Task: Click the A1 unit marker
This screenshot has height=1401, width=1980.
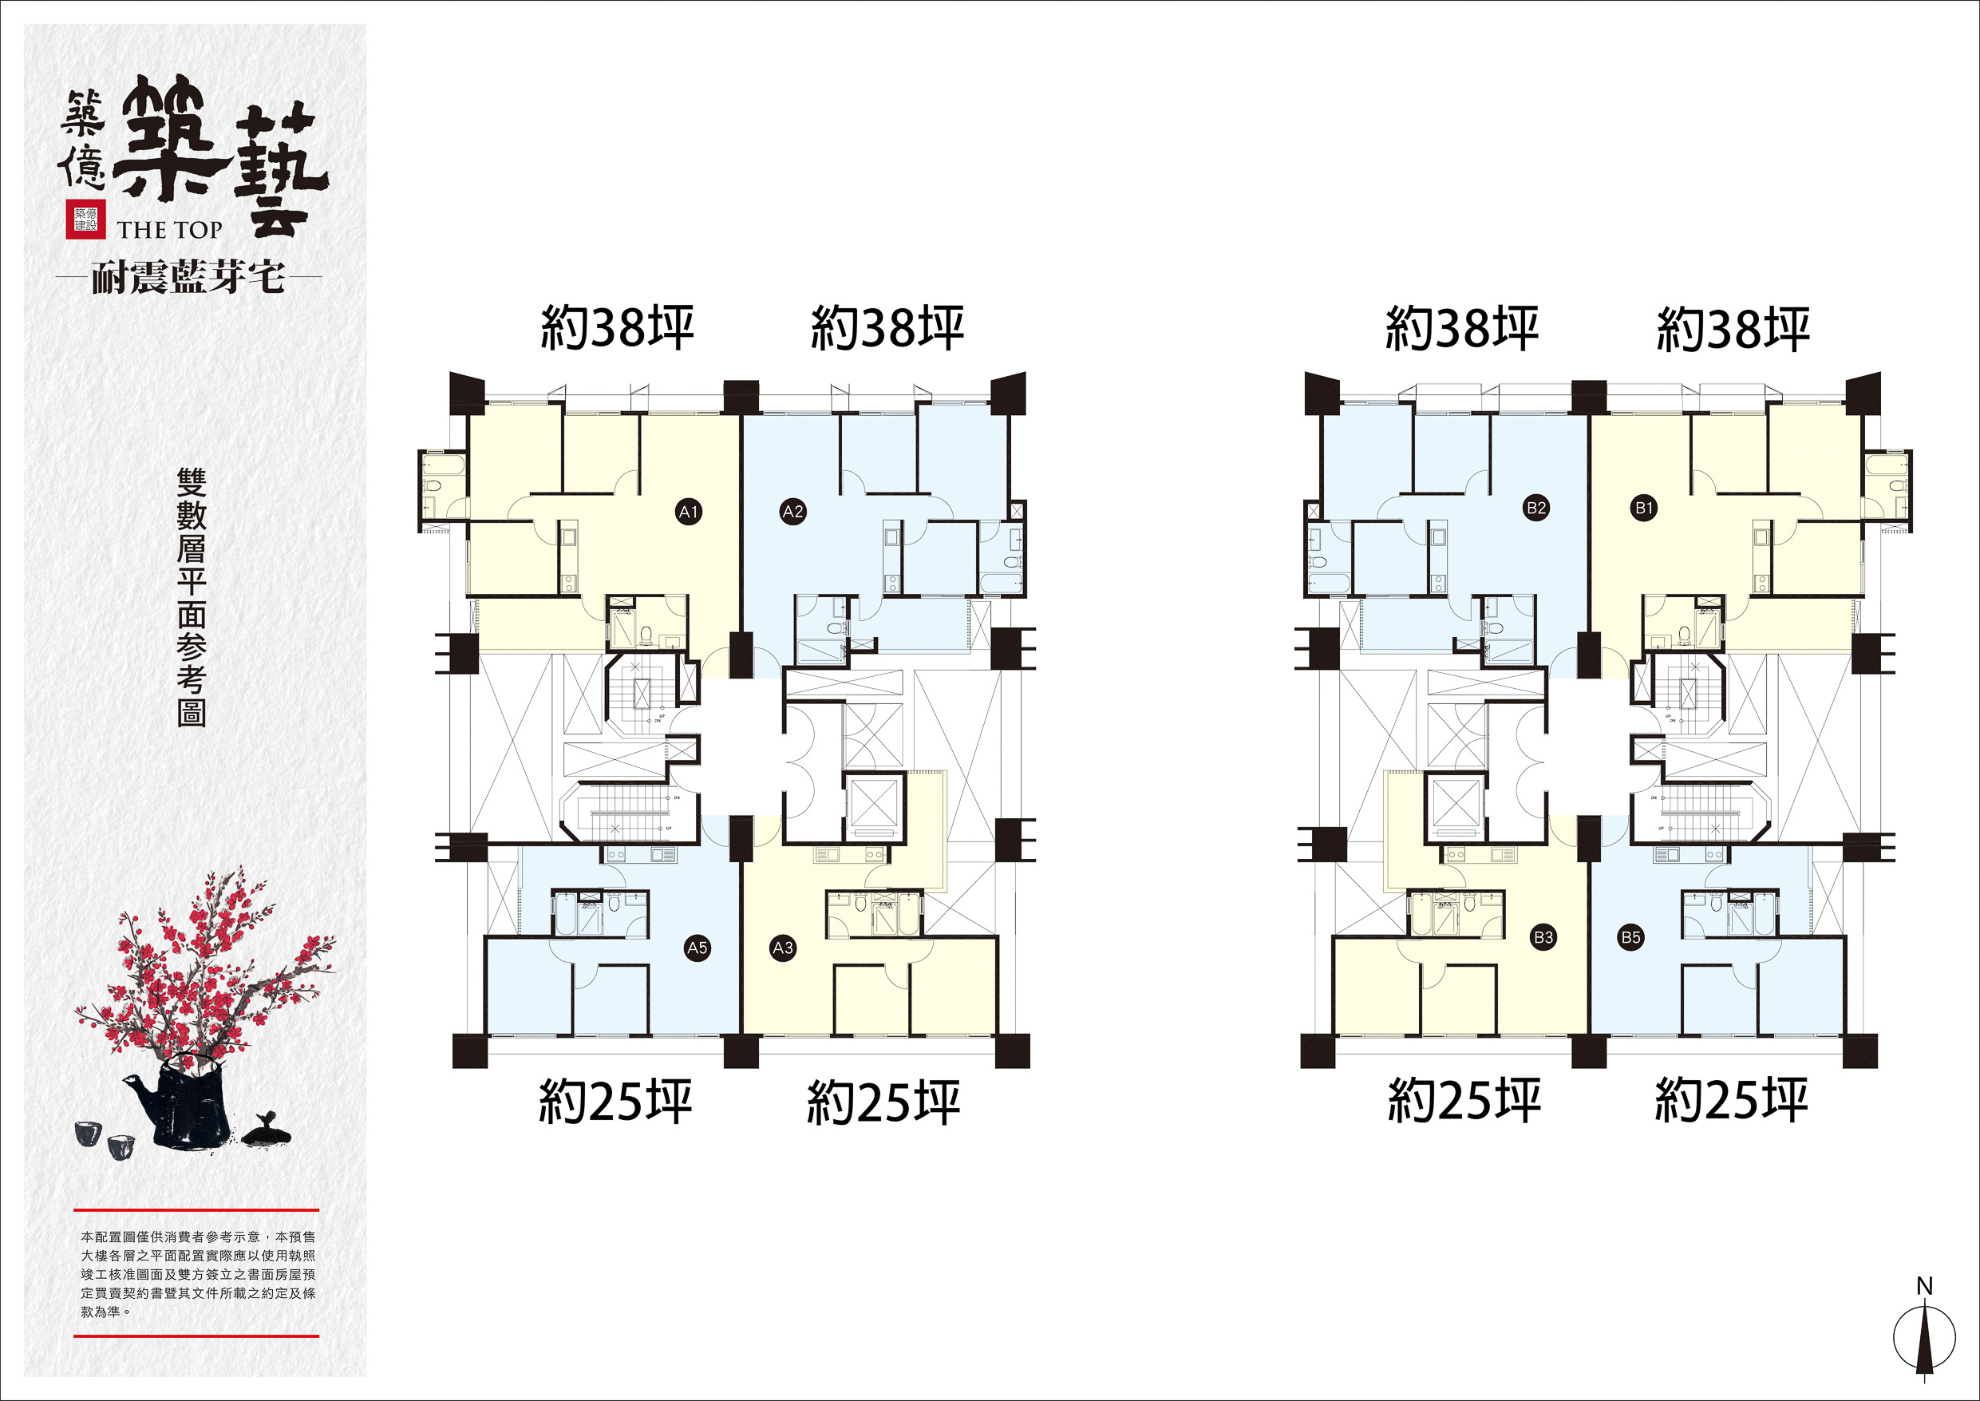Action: point(688,513)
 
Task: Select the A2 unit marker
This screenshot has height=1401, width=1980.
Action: point(792,512)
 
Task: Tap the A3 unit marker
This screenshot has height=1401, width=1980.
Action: point(782,948)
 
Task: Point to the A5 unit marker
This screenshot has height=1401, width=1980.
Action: point(697,948)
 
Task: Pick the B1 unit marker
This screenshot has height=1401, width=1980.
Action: point(1644,507)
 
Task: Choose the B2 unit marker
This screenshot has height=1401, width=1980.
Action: point(1536,507)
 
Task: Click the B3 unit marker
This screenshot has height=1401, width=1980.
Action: point(1543,937)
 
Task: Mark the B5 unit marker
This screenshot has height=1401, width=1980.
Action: point(1630,937)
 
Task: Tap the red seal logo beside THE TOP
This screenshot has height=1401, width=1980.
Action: point(85,219)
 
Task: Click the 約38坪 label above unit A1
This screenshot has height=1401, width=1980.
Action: point(618,328)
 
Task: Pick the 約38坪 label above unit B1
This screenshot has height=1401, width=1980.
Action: point(1733,329)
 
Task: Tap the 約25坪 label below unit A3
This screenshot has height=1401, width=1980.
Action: point(883,1102)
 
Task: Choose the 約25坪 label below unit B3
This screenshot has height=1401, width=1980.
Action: point(1464,1101)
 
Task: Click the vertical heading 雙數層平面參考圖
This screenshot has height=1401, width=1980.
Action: point(192,597)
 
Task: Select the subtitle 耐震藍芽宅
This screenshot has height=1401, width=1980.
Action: point(188,278)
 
